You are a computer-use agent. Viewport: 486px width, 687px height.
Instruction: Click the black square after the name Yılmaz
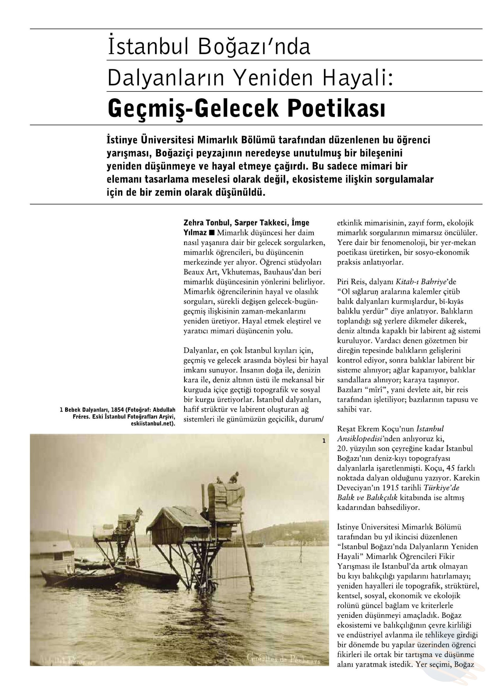coord(212,232)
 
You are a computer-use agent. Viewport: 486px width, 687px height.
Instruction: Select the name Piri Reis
coord(351,282)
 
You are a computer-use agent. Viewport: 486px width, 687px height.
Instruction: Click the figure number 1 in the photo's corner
coord(324,441)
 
